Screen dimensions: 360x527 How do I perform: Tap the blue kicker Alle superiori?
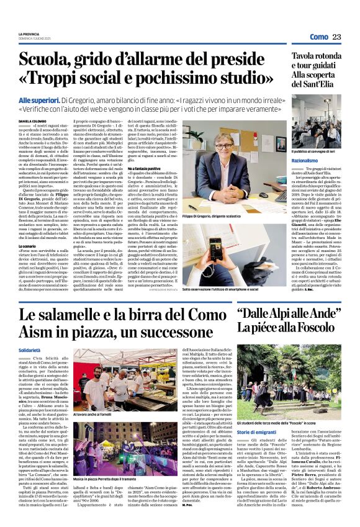click(x=39, y=100)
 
